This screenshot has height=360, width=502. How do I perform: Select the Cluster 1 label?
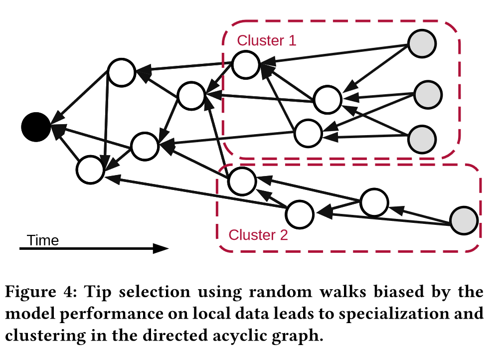click(x=266, y=40)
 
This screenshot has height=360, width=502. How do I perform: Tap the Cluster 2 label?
click(x=258, y=234)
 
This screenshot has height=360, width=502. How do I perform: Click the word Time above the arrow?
click(x=43, y=240)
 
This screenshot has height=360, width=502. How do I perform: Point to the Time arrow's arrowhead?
click(x=162, y=248)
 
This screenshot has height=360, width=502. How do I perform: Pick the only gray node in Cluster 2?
click(x=464, y=220)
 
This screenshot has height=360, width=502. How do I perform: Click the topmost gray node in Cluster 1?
click(x=422, y=44)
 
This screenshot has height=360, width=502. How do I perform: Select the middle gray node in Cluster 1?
click(x=428, y=94)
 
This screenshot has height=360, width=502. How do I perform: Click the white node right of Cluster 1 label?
click(x=245, y=65)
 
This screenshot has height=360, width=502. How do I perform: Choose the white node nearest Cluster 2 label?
click(x=300, y=213)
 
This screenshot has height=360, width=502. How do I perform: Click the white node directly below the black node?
click(x=90, y=169)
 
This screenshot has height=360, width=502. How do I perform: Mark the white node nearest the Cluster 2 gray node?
click(x=374, y=202)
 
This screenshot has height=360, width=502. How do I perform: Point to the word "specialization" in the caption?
click(x=395, y=315)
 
